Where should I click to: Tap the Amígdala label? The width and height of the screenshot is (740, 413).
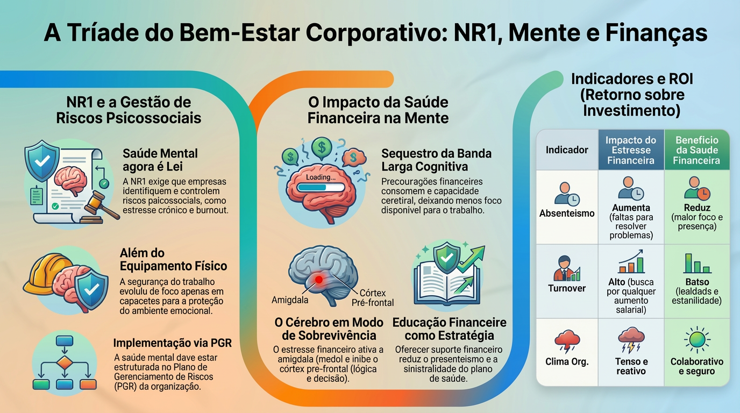coord(290,300)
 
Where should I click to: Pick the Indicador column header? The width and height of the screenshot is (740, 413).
coord(567,150)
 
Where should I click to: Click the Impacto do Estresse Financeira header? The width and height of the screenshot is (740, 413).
coord(631,150)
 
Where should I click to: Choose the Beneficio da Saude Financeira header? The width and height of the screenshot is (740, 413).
coord(696,150)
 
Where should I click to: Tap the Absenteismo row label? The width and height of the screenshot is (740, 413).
coord(567,213)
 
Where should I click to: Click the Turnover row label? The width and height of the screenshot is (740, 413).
coord(567,288)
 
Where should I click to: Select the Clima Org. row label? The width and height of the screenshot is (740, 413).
coord(567,361)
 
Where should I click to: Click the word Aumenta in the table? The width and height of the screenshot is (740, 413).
coord(631,208)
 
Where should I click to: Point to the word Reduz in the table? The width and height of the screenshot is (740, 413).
coord(698,208)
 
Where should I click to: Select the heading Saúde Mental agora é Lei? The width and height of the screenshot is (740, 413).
coord(160,160)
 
